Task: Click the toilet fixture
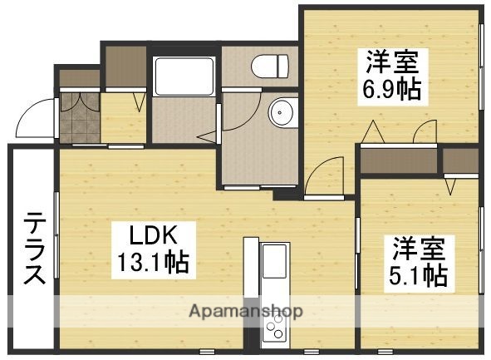(270, 64)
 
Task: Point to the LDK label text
(151, 235)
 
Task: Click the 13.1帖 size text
(151, 264)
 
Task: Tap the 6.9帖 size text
(390, 86)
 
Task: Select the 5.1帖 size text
(419, 274)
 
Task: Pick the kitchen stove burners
(274, 333)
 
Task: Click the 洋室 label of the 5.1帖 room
(419, 247)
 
